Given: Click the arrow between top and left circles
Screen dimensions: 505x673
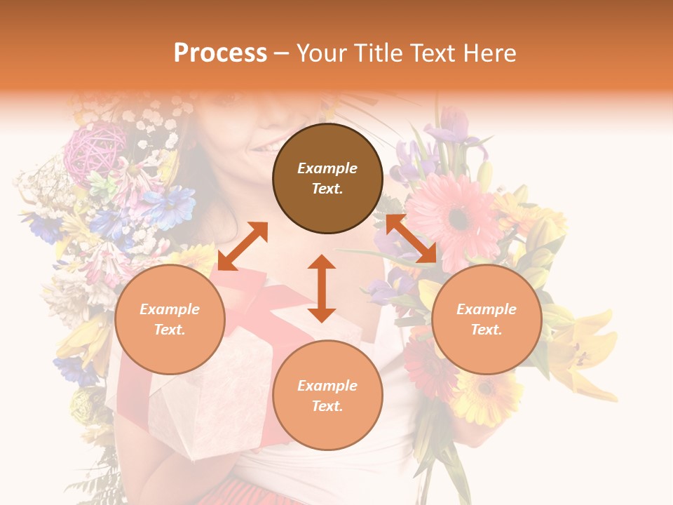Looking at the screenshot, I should [243, 246].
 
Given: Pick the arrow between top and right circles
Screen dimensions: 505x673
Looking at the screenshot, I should [411, 238].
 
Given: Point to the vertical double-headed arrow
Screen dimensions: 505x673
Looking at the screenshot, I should [322, 288].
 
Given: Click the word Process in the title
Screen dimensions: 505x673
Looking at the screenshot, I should [220, 53].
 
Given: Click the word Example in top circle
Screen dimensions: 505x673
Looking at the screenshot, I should [327, 168].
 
